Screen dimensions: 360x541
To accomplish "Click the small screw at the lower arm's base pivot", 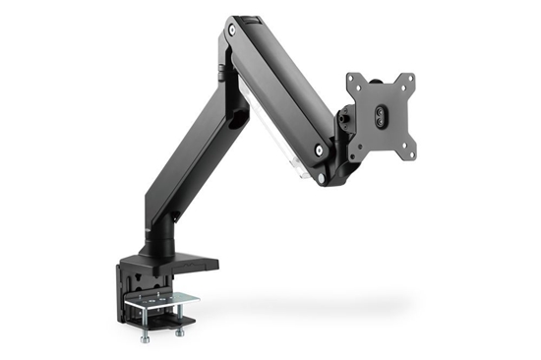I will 174,214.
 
